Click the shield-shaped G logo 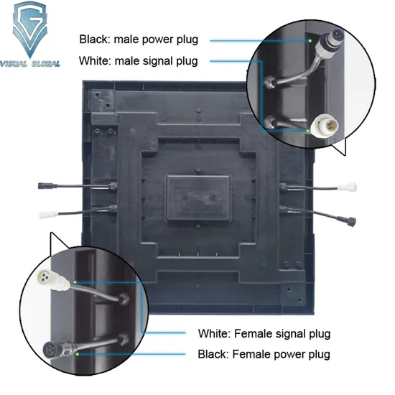coord(29,29)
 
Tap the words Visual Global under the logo coord(30,63)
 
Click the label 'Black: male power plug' coord(139,39)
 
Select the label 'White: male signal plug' coord(139,61)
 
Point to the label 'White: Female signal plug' coord(264,334)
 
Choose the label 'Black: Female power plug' coord(264,354)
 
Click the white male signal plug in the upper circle coord(325,125)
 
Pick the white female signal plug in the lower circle coord(53,279)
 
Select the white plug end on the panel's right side coord(347,187)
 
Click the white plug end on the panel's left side coord(49,215)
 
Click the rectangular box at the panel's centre coord(198,198)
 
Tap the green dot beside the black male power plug coord(310,41)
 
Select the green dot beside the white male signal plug coord(307,131)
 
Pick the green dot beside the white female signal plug coord(75,282)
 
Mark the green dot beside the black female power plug coord(78,354)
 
